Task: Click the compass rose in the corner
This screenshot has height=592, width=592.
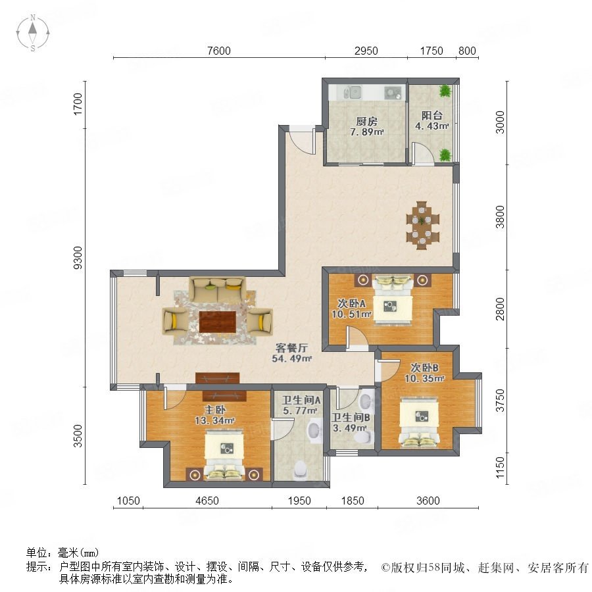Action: (x=33, y=33)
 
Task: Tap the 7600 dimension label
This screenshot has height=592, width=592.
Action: (x=219, y=51)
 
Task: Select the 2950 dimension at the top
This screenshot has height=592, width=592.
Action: (x=366, y=51)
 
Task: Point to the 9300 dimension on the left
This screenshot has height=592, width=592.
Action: (x=78, y=257)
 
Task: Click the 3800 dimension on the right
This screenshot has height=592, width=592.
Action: (x=500, y=216)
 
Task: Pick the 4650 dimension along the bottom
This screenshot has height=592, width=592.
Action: (x=207, y=501)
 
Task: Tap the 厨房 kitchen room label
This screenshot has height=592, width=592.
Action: (x=366, y=121)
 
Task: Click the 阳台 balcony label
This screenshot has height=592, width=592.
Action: (x=432, y=115)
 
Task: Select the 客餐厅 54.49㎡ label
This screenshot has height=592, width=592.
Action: (x=291, y=353)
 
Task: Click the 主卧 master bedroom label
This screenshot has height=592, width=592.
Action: (x=215, y=409)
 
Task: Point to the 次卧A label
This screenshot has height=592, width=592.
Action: (x=351, y=303)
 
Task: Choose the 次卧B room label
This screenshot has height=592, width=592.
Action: (x=424, y=367)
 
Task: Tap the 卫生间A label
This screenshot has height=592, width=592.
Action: (x=301, y=400)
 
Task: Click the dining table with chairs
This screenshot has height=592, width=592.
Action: (x=422, y=225)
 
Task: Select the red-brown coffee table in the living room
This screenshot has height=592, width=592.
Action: (x=218, y=322)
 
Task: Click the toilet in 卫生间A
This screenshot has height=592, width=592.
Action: (x=301, y=469)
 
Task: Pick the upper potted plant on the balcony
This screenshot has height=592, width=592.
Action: (x=445, y=91)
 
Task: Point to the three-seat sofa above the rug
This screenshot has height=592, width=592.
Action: (x=218, y=289)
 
